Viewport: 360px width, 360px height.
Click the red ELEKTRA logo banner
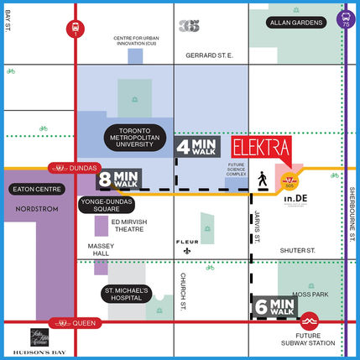258,148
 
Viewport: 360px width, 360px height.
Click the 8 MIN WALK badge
119,179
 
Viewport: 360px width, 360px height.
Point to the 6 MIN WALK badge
274,307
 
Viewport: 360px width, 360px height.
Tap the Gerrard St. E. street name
209,55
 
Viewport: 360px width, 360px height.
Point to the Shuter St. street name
297,249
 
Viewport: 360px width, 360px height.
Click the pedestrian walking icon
263,178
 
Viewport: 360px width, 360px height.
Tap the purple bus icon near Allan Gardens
346,18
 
